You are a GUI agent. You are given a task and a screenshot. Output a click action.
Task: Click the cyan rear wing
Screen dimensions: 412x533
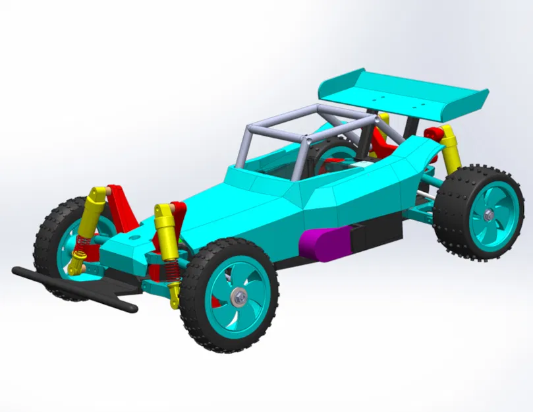point(395,92)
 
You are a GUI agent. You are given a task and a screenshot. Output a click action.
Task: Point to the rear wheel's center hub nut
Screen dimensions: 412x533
point(487,216)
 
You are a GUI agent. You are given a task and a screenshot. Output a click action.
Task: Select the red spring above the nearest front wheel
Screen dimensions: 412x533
point(170,268)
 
